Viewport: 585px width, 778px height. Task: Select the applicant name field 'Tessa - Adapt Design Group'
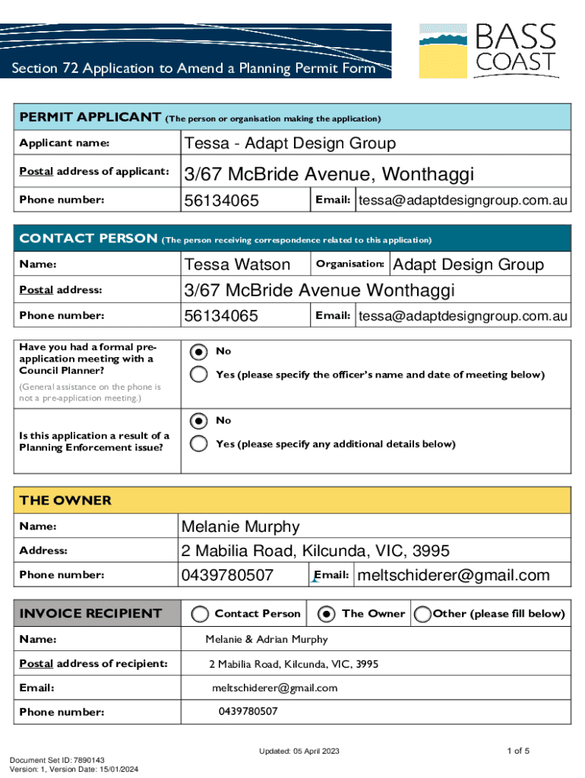[289, 144]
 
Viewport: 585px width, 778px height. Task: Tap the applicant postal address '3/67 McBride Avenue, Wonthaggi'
[329, 175]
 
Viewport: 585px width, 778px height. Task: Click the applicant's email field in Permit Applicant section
[463, 201]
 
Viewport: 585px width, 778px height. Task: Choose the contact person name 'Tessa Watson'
[237, 264]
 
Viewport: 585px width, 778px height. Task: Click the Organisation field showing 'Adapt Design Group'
[467, 264]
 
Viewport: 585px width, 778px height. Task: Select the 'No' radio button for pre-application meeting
[198, 352]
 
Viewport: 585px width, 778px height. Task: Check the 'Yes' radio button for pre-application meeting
[198, 375]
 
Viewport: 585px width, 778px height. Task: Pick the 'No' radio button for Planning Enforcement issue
[198, 421]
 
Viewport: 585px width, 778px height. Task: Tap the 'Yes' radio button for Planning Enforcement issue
[198, 444]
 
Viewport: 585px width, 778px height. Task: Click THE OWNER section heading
[65, 501]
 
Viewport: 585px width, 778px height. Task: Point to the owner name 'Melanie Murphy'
[240, 527]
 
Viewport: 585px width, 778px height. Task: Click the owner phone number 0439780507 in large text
[226, 575]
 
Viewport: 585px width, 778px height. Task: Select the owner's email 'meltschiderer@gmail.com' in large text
[453, 575]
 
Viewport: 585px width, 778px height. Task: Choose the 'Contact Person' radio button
[201, 614]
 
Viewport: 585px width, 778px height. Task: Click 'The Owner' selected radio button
[327, 614]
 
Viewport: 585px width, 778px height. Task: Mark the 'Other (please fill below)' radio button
[422, 614]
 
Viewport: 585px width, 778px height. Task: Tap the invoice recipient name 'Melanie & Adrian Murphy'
[267, 640]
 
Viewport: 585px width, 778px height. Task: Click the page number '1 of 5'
[517, 751]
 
